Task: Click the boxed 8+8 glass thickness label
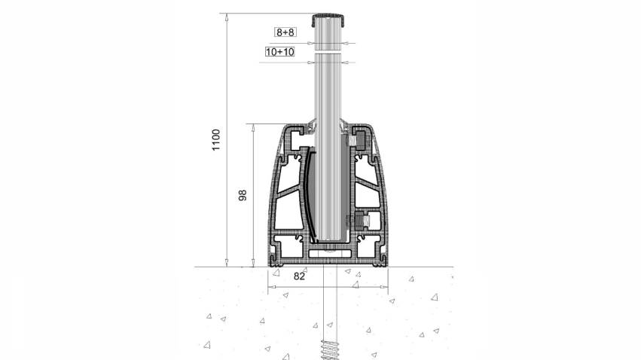(285, 32)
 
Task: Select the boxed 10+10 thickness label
(280, 52)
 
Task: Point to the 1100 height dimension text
(216, 140)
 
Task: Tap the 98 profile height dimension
(243, 195)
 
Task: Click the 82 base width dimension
(299, 276)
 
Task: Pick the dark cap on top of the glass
(328, 19)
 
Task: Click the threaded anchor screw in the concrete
(330, 349)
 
